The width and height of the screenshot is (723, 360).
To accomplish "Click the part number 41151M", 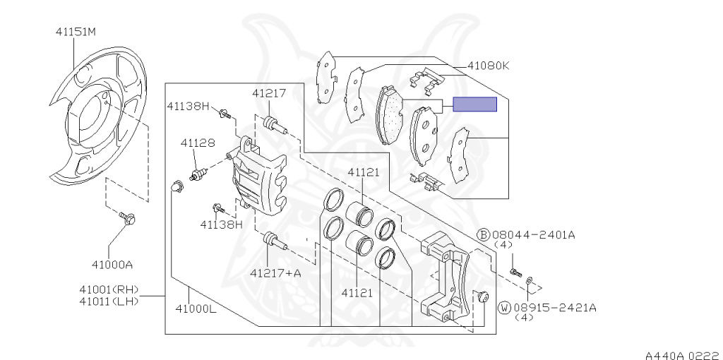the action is [x=76, y=32].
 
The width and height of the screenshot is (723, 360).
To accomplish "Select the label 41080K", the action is [x=489, y=66].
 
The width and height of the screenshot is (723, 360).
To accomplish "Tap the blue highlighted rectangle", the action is [x=475, y=104].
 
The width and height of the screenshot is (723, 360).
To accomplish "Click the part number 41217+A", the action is [x=275, y=273].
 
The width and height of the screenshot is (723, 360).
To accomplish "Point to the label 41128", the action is [x=198, y=143].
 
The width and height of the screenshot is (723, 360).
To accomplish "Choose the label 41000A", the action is [x=112, y=265].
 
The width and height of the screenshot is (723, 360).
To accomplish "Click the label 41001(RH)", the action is [x=109, y=289].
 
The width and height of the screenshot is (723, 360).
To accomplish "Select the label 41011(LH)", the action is [x=109, y=301].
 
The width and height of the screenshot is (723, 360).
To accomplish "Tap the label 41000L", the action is [x=196, y=308].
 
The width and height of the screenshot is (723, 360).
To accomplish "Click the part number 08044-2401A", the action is [x=534, y=234].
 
